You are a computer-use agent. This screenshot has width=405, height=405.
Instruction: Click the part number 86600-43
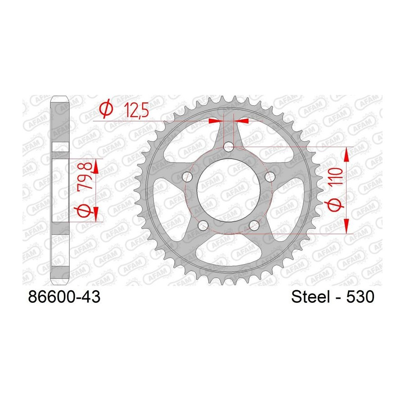tap(64, 297)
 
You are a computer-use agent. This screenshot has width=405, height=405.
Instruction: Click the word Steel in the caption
tap(310, 297)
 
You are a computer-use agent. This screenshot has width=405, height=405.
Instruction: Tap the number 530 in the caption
tap(360, 297)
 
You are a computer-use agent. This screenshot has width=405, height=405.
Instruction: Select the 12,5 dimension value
tap(136, 110)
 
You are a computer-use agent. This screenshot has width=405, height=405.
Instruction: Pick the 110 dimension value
tap(335, 176)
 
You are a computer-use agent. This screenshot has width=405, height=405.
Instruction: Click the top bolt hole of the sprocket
tap(229, 147)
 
